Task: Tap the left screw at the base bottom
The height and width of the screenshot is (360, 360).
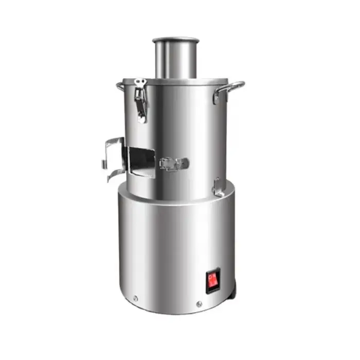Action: [x=135, y=298]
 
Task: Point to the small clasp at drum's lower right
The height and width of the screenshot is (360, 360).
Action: [x=218, y=187]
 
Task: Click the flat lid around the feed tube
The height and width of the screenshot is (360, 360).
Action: [x=206, y=81]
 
